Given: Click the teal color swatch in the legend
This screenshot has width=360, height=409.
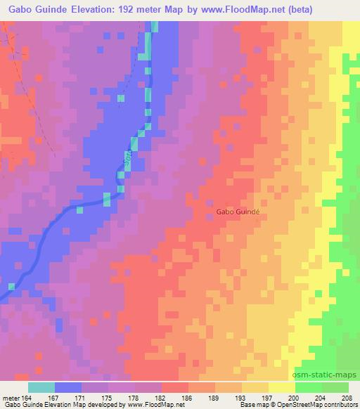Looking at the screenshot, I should (41, 387).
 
